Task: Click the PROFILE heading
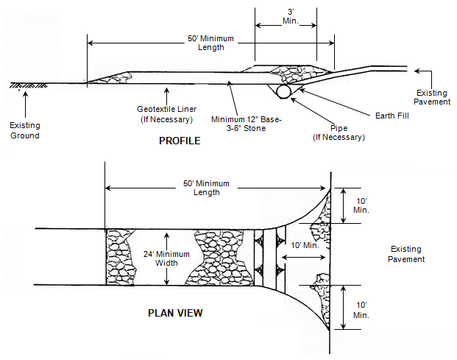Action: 180,141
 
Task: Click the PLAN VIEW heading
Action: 175,313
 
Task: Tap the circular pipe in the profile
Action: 283,91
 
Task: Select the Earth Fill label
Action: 392,116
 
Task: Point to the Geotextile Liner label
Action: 167,114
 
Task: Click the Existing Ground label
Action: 25,130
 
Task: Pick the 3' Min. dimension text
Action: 291,16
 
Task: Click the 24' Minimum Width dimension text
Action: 166,258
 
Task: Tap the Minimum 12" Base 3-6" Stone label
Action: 247,124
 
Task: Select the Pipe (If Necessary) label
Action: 339,133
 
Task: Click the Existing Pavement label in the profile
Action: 432,97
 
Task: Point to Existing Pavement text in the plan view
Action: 406,254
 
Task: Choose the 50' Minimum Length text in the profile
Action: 210,43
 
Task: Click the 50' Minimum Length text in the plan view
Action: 206,188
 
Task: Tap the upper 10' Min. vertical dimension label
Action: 361,205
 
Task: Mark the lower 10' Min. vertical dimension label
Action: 361,310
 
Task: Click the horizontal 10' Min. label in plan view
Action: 305,245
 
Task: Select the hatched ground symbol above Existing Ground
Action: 28,85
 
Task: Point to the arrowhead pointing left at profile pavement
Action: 417,71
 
